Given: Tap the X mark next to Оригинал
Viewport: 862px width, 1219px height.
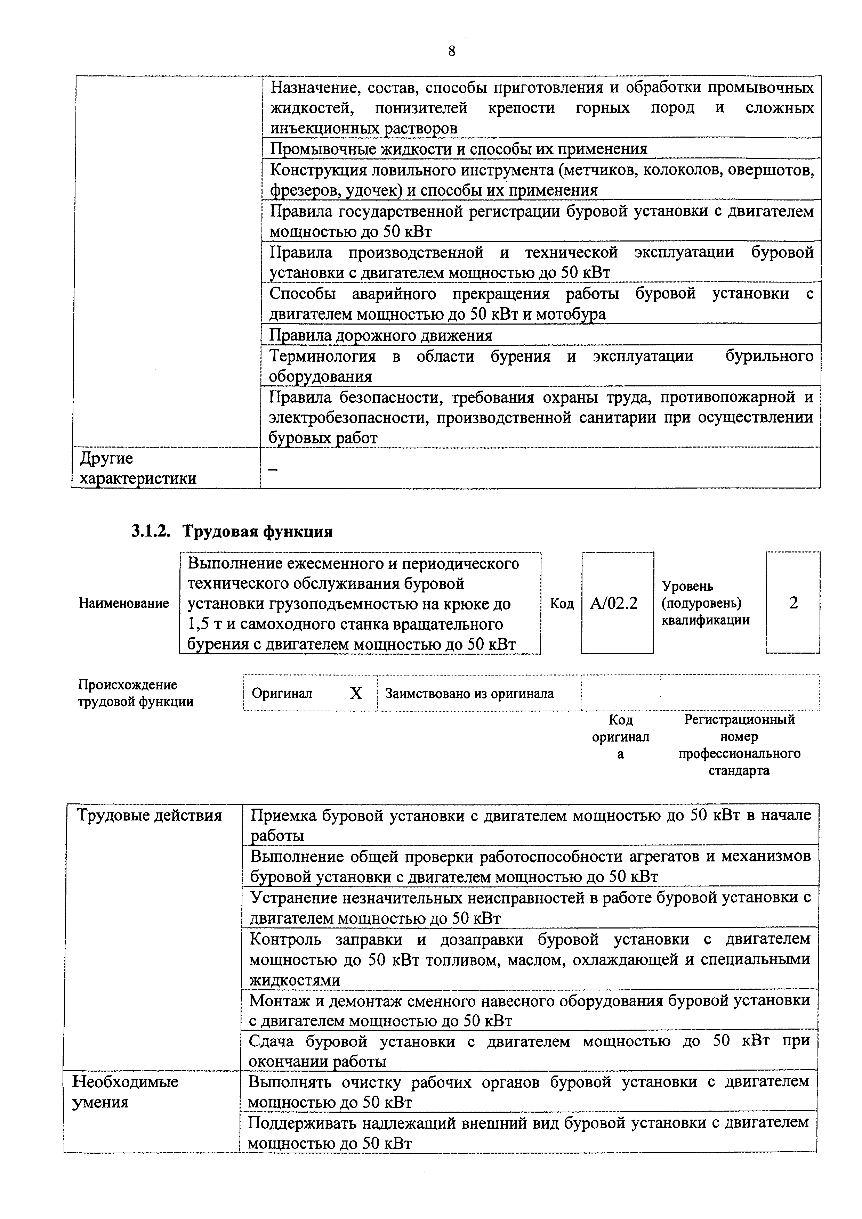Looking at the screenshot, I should click(356, 693).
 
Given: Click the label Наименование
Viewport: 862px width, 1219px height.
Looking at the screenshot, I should click(124, 603).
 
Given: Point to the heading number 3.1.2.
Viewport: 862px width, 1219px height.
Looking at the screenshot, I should click(150, 531).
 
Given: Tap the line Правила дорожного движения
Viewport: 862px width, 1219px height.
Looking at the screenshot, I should click(381, 336).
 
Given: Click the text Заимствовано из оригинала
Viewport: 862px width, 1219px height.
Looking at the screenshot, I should click(469, 693).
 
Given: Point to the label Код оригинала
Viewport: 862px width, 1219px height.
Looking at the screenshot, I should click(620, 737).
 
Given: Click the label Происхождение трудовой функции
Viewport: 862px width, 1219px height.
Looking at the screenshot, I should click(136, 693).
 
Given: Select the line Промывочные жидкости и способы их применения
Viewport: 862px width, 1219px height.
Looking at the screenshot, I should click(458, 149).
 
